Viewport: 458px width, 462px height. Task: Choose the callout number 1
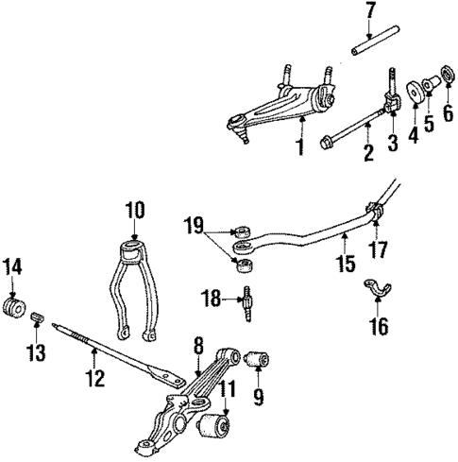tap(301, 149)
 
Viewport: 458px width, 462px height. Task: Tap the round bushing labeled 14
tap(14, 310)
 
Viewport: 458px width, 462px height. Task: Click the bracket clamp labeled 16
tap(376, 289)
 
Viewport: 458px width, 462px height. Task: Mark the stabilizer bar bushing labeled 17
tap(378, 219)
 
